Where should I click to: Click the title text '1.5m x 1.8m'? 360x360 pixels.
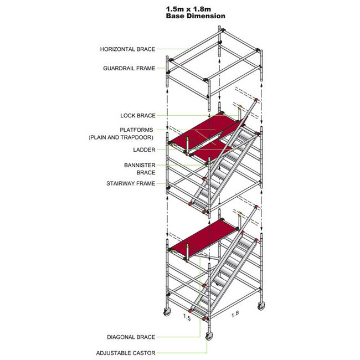196,9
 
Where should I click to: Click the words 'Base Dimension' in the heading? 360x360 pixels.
196,16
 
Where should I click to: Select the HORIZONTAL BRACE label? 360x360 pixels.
127,49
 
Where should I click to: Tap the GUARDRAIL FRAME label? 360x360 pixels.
129,69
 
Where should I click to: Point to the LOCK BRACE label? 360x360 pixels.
138,116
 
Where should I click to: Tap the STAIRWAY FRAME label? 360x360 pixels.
131,183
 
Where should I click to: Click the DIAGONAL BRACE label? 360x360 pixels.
131,337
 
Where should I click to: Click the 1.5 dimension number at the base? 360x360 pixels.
187,317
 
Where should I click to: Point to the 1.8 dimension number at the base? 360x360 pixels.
235,314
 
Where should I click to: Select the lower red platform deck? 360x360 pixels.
202,235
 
